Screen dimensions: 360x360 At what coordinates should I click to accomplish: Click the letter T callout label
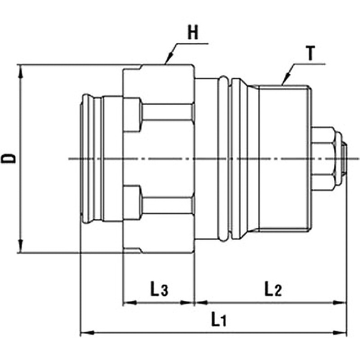(x=310, y=54)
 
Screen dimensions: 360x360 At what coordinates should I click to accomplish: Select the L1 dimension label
(x=219, y=320)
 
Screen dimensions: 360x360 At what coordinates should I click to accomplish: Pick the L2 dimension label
(x=272, y=289)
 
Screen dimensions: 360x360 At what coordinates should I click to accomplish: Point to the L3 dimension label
(x=159, y=289)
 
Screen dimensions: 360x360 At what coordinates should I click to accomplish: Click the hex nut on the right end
(x=324, y=158)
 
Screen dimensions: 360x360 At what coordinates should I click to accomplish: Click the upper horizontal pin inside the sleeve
(x=167, y=113)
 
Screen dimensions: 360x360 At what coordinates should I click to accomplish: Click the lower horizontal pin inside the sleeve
(x=167, y=205)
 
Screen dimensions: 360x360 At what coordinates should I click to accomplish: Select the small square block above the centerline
(x=132, y=115)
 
